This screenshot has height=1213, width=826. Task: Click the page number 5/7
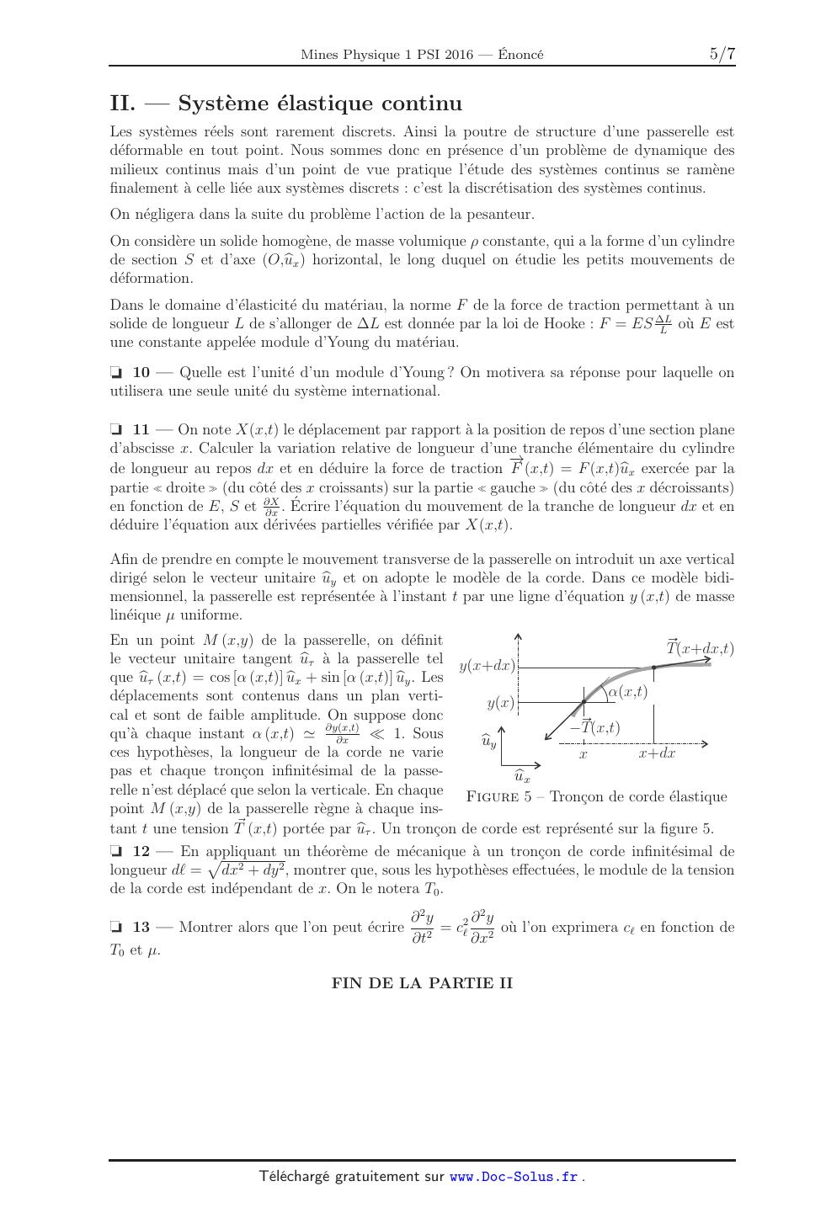[x=722, y=54]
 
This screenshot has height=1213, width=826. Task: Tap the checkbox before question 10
[x=116, y=373]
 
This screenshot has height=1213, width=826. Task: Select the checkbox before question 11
[x=116, y=430]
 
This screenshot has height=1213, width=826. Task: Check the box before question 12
[x=116, y=852]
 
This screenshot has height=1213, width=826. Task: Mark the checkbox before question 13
[x=116, y=928]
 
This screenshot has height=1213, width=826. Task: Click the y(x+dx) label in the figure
[x=487, y=666]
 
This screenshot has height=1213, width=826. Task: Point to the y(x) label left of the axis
[x=500, y=702]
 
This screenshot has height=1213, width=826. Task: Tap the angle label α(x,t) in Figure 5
[x=627, y=692]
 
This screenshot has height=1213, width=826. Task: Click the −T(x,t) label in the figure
[x=594, y=726]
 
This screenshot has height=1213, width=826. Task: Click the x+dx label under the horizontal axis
[x=657, y=753]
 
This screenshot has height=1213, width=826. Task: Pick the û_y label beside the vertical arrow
[x=488, y=742]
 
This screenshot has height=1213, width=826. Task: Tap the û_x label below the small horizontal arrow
[x=522, y=776]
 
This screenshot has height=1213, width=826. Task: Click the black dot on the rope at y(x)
[x=583, y=702]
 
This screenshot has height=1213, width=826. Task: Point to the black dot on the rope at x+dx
[x=653, y=668]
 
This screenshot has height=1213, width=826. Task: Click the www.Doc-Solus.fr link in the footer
[x=514, y=1177]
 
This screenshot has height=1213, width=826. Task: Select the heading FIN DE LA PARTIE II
[x=422, y=982]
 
